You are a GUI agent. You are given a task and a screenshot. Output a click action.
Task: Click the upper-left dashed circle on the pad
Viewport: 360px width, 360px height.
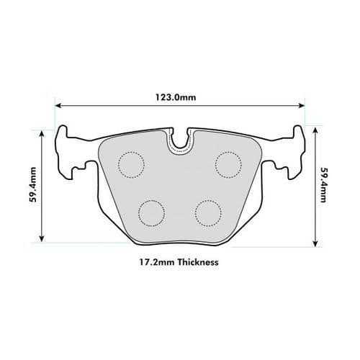click(x=132, y=166)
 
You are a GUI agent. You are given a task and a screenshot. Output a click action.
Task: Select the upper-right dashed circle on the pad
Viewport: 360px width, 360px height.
click(x=228, y=164)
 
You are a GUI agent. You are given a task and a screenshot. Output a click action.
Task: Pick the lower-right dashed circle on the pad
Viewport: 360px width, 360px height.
click(x=209, y=212)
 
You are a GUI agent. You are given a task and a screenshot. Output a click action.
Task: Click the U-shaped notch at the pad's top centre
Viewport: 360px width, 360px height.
click(x=180, y=141)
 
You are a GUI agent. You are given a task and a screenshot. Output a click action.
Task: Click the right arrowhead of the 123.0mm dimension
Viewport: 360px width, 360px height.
click(x=302, y=105)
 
